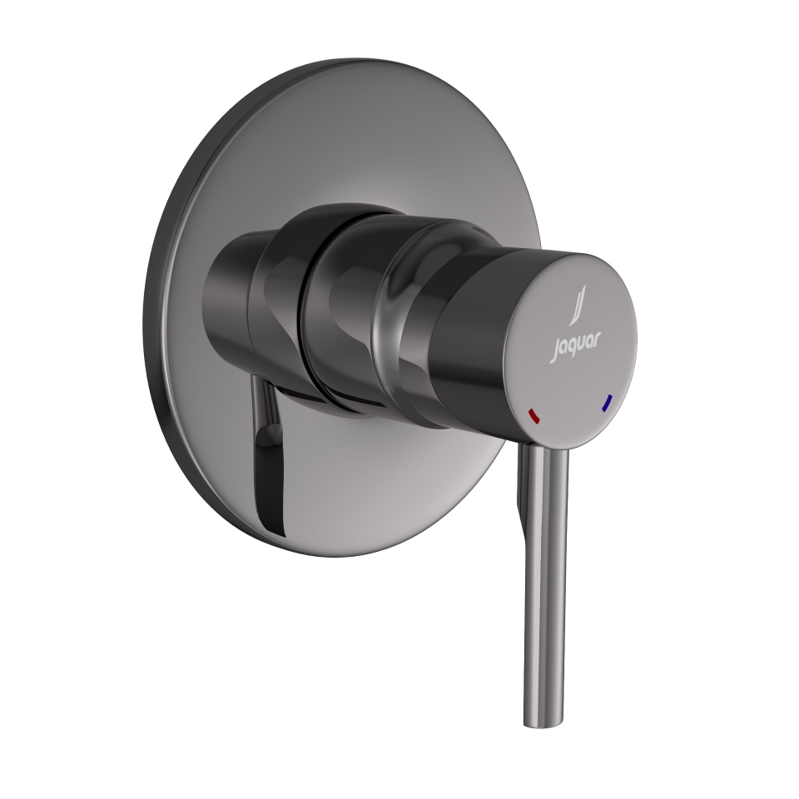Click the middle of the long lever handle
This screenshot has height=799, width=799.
pyautogui.click(x=545, y=574)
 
